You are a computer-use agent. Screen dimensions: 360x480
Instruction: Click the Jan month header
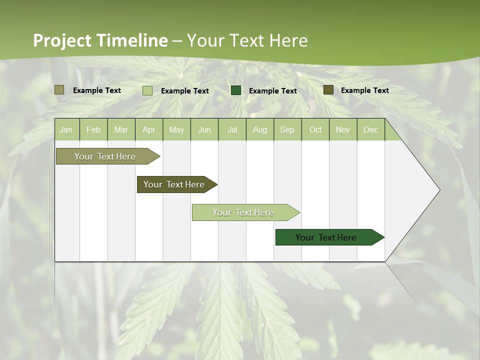point(66,129)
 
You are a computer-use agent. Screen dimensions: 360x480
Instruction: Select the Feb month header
point(93,129)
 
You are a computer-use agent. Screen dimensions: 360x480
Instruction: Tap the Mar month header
point(121,129)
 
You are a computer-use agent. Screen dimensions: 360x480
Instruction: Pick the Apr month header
point(149,129)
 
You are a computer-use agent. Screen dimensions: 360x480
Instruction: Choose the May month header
point(176,129)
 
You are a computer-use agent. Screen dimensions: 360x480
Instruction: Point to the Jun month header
point(204,129)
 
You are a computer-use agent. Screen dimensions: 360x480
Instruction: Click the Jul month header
point(232,129)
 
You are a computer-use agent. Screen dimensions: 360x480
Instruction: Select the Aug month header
point(260,129)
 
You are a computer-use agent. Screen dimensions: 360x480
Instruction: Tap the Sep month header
point(287,129)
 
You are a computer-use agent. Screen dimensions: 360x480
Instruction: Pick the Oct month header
point(315,129)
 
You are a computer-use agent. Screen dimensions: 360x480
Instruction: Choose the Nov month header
point(343,129)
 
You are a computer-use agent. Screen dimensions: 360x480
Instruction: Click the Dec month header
point(371,129)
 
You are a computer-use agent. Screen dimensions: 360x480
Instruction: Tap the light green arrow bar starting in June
point(243,212)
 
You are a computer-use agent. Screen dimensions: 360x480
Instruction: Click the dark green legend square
point(236,90)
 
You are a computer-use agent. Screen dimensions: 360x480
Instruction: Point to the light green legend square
point(147,90)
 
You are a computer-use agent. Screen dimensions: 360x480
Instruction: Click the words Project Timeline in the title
point(100,40)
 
